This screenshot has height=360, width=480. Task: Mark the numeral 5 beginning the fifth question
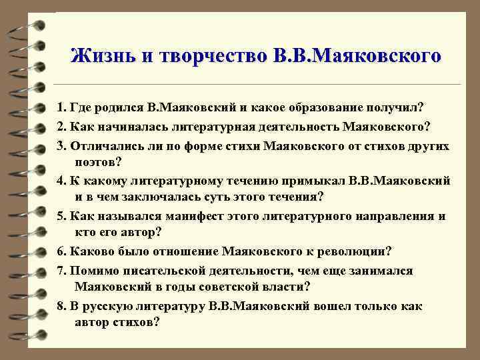coord(60,216)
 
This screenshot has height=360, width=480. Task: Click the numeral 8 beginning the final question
coord(60,306)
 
